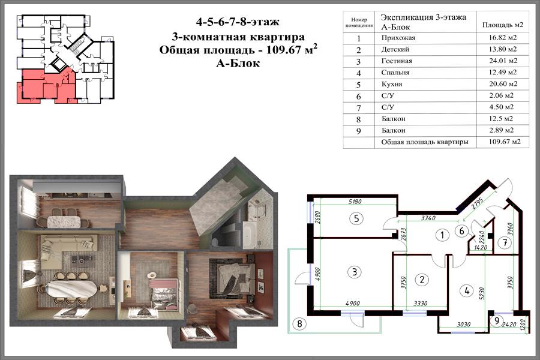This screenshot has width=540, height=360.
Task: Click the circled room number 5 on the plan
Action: coord(356,218)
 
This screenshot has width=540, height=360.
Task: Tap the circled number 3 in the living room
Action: coord(355,272)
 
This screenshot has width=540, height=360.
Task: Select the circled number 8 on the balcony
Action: coord(299,323)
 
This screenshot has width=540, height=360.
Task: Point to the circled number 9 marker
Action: coord(496,321)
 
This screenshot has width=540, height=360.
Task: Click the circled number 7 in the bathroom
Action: coord(505,242)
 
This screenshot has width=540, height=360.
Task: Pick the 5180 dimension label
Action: coord(355,202)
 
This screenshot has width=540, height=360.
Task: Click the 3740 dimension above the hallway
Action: coord(428,218)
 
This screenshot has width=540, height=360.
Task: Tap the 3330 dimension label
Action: coord(420,303)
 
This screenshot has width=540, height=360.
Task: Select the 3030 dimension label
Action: coord(464,324)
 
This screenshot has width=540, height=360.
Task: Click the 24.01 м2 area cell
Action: coord(503,61)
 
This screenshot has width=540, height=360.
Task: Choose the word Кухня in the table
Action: coord(392,84)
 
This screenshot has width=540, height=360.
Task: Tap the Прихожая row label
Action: coord(398,38)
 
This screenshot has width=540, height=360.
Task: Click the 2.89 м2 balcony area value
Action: coord(501,130)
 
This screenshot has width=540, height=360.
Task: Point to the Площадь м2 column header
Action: coord(502,25)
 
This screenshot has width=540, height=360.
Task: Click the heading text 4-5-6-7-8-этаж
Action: coord(238,22)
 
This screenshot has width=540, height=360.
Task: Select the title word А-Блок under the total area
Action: coord(238,64)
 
